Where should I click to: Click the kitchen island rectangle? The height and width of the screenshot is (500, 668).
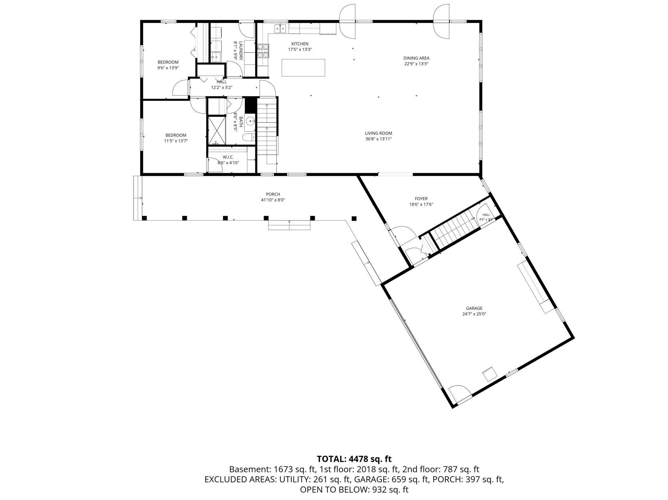[x=303, y=68]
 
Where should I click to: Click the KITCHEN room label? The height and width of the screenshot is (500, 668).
[x=300, y=44]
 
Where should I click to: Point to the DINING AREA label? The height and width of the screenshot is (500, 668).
[x=416, y=58]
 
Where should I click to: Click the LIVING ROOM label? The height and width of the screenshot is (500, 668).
[x=378, y=133]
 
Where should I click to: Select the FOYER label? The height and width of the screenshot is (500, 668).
[x=421, y=199]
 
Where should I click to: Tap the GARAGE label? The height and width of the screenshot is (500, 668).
[x=474, y=309]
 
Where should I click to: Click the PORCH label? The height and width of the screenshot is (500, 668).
[x=273, y=194]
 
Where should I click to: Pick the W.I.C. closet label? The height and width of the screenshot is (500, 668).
[x=228, y=157]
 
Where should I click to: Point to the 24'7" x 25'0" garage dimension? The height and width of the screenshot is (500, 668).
[x=474, y=314]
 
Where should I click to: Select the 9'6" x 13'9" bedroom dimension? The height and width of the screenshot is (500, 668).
[x=168, y=68]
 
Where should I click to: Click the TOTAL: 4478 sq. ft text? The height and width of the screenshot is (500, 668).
[x=354, y=459]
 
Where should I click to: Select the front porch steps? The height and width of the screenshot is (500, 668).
[x=289, y=225]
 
